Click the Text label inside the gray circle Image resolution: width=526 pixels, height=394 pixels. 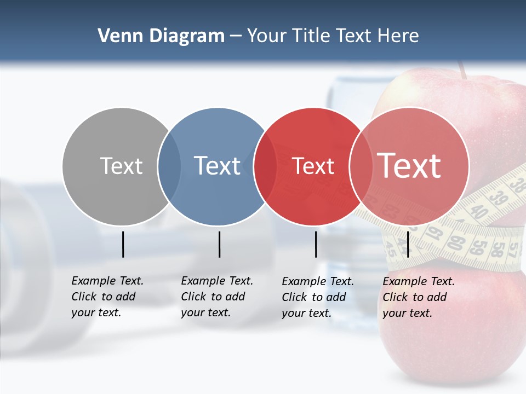coord(121,166)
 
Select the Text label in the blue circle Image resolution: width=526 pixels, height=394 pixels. coord(218,166)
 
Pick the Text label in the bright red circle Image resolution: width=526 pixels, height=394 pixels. coord(313,166)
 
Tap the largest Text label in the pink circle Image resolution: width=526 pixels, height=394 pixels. coord(409,166)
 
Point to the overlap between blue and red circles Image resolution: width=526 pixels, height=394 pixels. coord(265,166)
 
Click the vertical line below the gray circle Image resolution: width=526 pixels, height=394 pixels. coord(123,244)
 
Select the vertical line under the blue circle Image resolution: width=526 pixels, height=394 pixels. coord(219,244)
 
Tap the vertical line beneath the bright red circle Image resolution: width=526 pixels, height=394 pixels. coord(316,244)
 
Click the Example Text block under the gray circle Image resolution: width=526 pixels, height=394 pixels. coord(107,297)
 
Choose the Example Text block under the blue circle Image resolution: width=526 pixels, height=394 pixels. coord(217,297)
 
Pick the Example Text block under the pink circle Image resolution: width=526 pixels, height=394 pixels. coord(419,297)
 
